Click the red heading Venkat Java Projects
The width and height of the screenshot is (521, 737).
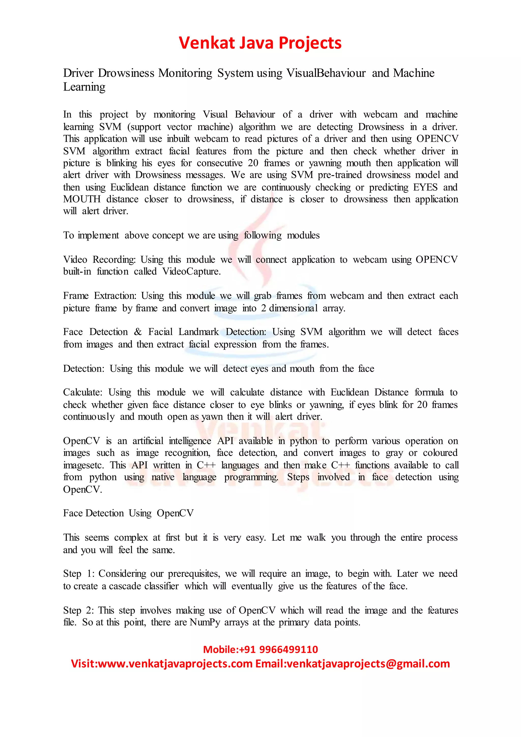click(260, 43)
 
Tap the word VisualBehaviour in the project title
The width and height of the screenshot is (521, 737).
click(326, 73)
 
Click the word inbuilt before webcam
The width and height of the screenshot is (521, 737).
click(178, 139)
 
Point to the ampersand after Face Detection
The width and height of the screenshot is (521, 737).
click(138, 332)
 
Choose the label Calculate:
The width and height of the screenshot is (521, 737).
click(82, 392)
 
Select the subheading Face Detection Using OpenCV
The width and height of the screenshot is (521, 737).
click(128, 513)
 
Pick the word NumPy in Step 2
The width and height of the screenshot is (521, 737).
click(205, 622)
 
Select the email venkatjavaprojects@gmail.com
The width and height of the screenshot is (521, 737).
click(368, 663)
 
